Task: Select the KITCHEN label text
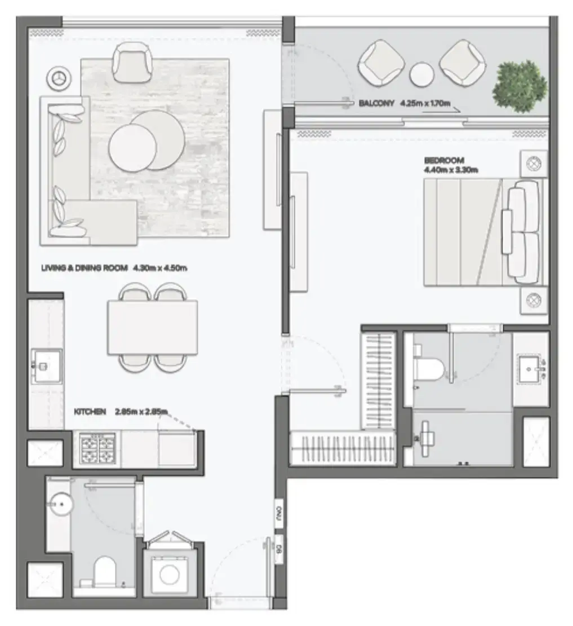point(90,412)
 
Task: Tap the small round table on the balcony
point(421,74)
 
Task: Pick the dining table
point(152,327)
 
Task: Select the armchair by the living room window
point(133,61)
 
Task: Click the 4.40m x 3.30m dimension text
point(451,169)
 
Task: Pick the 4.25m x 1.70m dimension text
point(427,104)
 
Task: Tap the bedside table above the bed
point(533,164)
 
